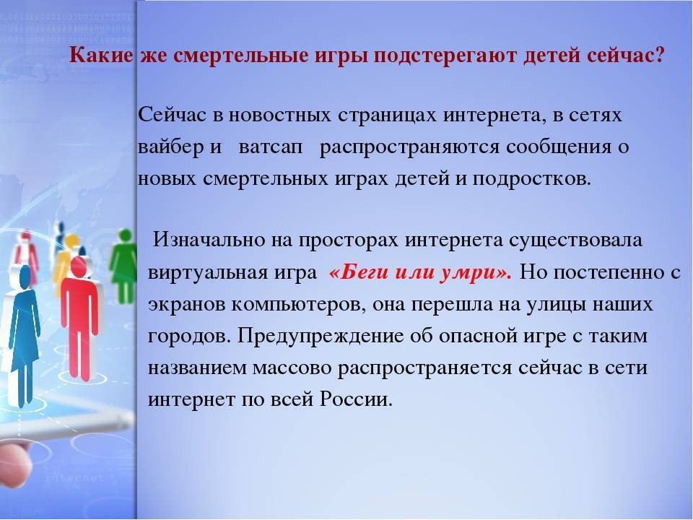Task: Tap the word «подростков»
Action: (x=538, y=178)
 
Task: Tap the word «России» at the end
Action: (x=357, y=399)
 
